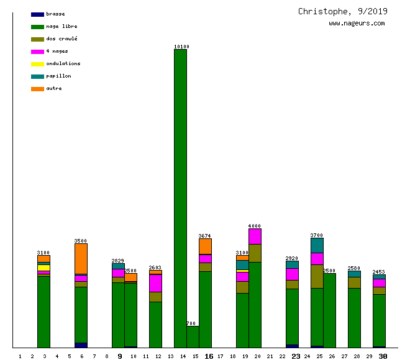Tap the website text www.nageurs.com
pyautogui.click(x=357, y=24)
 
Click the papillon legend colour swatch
pyautogui.click(x=37, y=76)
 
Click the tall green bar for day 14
pyautogui.click(x=180, y=199)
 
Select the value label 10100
pyautogui.click(x=181, y=47)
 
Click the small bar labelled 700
pyautogui.click(x=193, y=336)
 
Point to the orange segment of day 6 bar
pyautogui.click(x=81, y=258)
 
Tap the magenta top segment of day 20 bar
pyautogui.click(x=255, y=236)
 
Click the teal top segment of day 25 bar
pyautogui.click(x=317, y=245)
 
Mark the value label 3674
pyautogui.click(x=205, y=236)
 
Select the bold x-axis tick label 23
pyautogui.click(x=296, y=356)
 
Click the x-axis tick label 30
pyautogui.click(x=383, y=356)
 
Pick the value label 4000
pyautogui.click(x=255, y=226)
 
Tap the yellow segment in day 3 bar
pyautogui.click(x=43, y=268)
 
